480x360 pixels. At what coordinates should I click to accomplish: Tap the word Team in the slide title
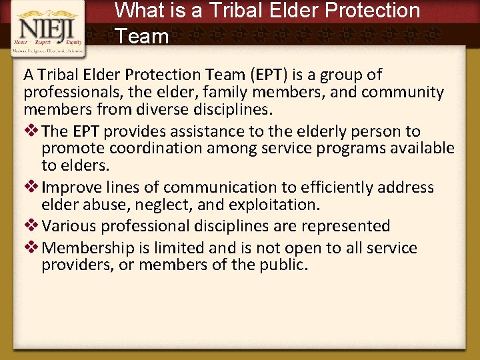[x=142, y=36]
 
